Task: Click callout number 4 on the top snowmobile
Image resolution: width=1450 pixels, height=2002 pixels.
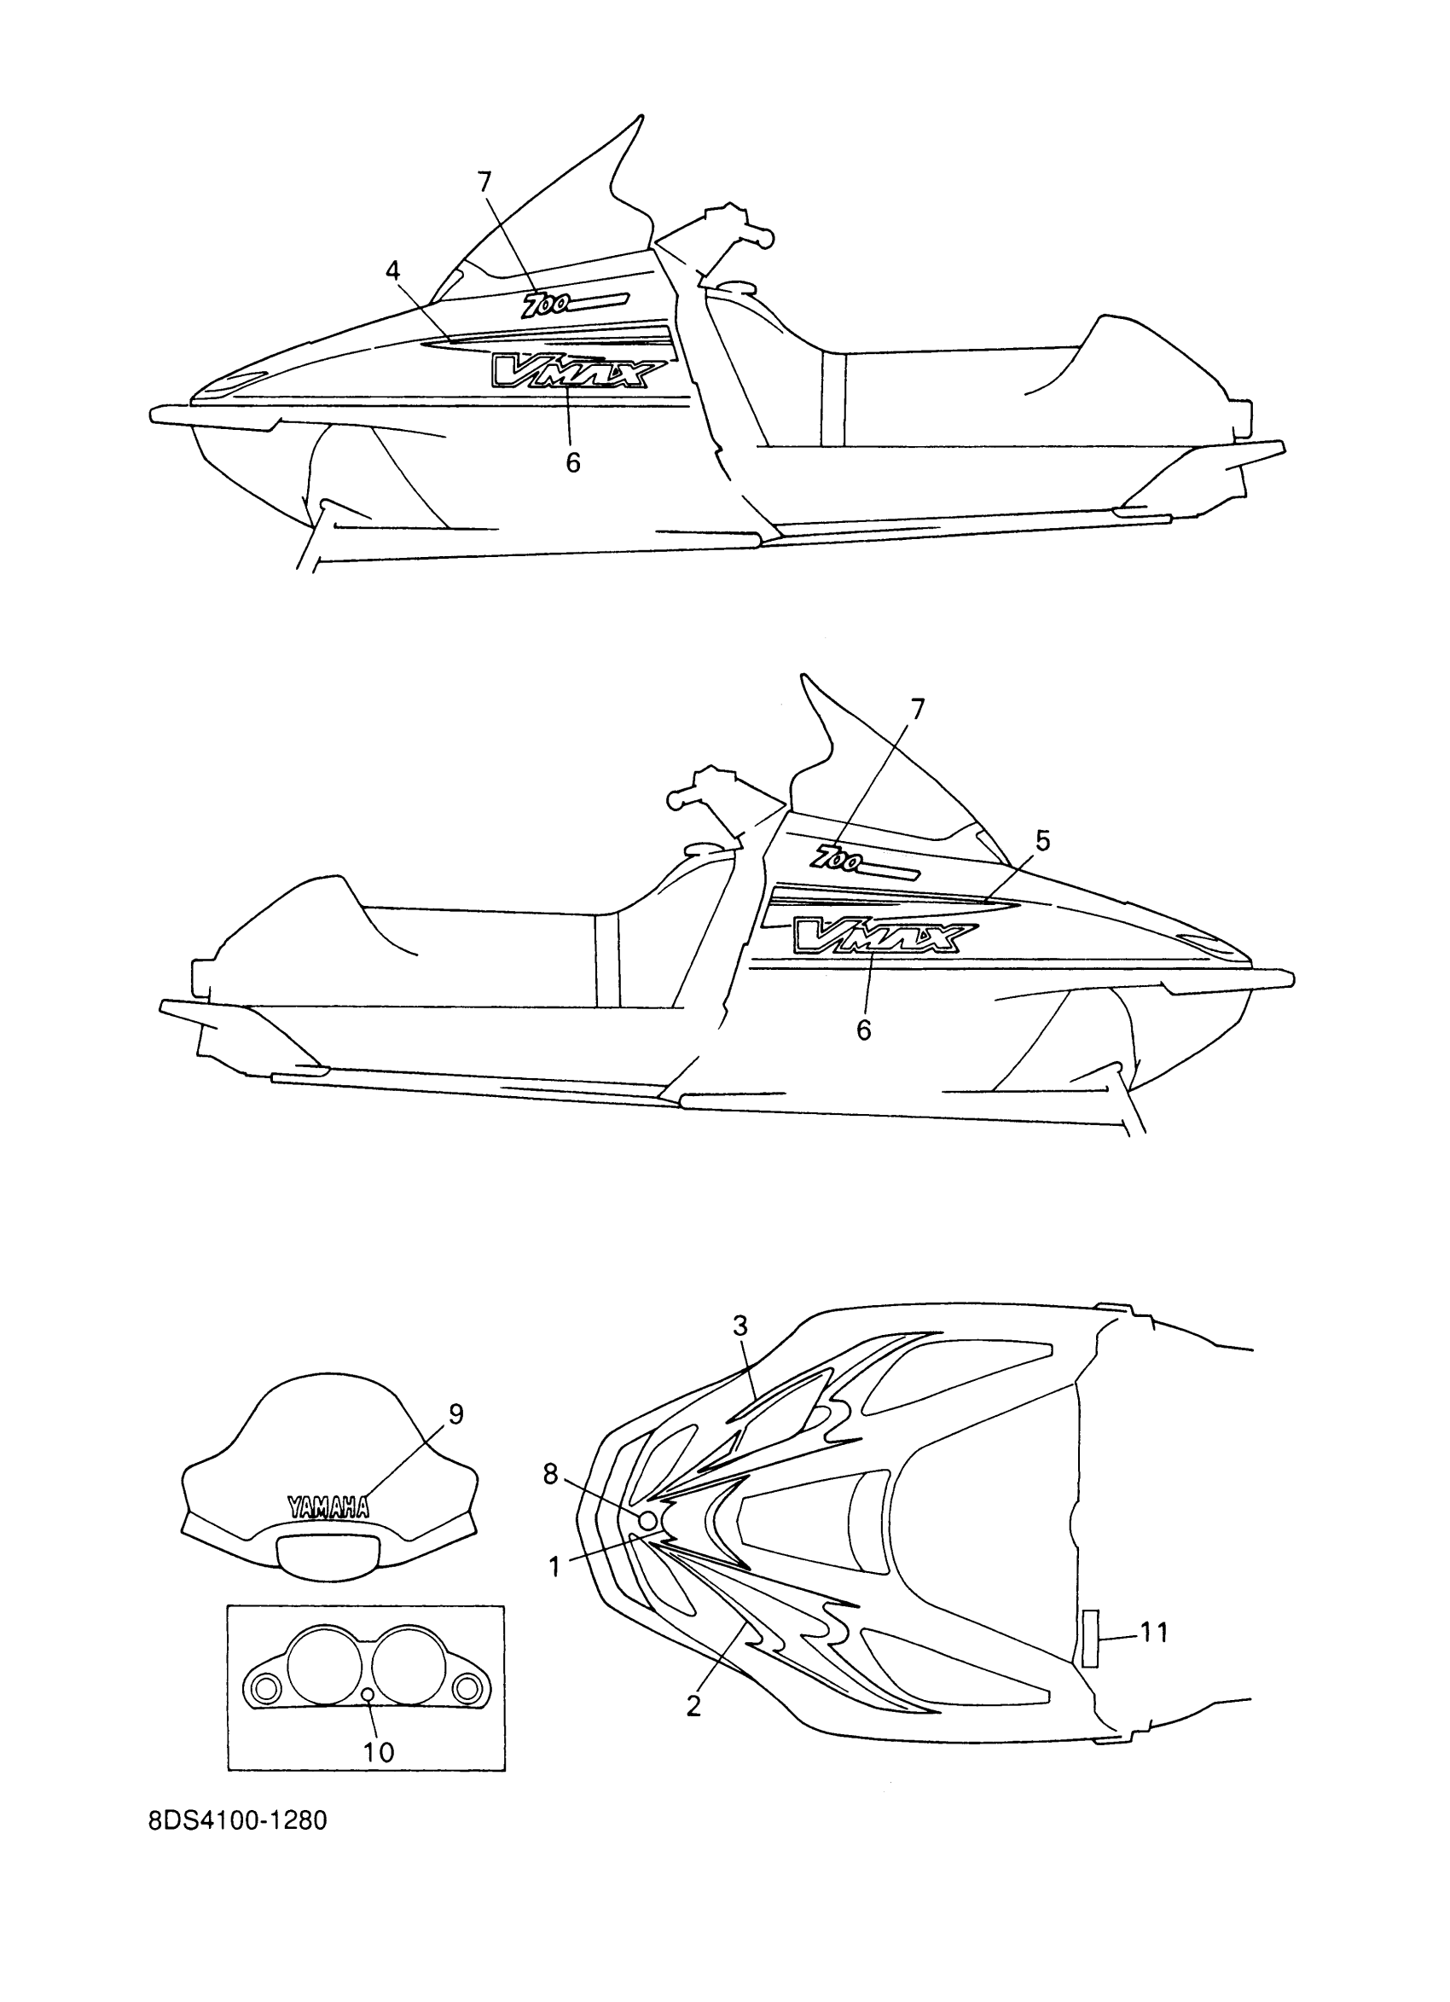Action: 392,270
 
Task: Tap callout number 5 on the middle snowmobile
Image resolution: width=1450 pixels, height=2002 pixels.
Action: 1042,841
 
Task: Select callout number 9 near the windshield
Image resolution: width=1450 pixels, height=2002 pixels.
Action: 455,1414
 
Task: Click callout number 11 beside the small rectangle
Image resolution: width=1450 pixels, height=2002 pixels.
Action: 1153,1633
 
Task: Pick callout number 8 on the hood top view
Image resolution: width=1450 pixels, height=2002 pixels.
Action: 551,1473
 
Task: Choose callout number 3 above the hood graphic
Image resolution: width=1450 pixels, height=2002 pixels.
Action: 739,1349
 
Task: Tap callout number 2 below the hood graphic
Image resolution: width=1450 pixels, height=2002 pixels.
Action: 693,1706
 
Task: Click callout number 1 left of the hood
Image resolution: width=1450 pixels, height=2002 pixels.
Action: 554,1567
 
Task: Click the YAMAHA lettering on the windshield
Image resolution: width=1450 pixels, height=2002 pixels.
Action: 328,1506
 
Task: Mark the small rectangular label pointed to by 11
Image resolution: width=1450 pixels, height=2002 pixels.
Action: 1090,1639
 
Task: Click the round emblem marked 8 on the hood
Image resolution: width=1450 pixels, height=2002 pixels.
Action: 646,1520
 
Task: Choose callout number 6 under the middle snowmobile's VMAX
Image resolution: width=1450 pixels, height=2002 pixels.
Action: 863,1030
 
